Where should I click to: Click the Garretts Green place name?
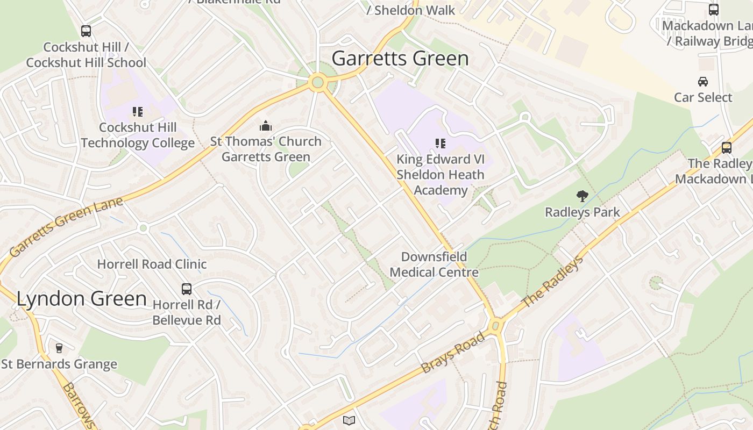click(x=400, y=58)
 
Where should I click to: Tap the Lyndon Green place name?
click(x=82, y=299)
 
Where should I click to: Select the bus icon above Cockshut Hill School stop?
click(x=86, y=31)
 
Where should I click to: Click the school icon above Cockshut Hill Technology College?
click(x=138, y=112)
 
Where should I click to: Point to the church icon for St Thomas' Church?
click(x=266, y=126)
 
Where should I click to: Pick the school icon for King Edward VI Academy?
click(x=441, y=144)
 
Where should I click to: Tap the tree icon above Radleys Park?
click(x=582, y=196)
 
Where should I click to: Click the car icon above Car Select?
click(x=703, y=82)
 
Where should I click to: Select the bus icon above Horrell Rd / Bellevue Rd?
click(x=187, y=289)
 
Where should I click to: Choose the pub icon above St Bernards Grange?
click(x=59, y=348)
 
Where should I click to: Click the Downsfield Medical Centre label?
click(x=434, y=264)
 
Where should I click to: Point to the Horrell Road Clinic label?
click(x=152, y=264)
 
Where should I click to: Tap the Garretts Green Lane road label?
click(x=66, y=227)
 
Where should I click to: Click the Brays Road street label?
click(x=453, y=353)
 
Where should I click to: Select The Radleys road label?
click(x=552, y=283)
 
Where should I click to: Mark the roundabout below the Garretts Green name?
click(x=317, y=82)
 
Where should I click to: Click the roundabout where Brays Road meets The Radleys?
click(x=496, y=325)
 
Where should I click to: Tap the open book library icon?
click(x=349, y=420)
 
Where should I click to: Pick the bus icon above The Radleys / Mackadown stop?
click(x=726, y=148)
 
